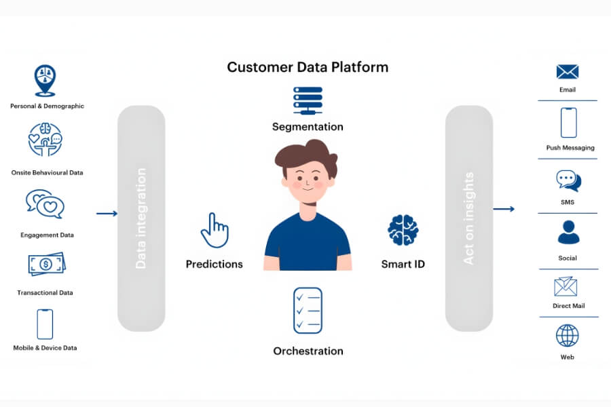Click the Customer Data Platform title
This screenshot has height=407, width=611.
click(308, 67)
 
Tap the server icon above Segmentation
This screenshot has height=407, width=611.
click(308, 100)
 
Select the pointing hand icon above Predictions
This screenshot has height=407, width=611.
click(215, 230)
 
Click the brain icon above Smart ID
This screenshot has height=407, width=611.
click(403, 230)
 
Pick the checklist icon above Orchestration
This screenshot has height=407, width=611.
click(308, 310)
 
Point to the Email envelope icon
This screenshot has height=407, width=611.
click(568, 72)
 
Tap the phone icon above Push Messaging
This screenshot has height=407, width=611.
click(568, 123)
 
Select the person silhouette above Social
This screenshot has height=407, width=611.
click(568, 232)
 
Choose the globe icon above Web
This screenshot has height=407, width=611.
click(568, 335)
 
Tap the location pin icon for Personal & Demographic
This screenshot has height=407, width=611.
click(45, 81)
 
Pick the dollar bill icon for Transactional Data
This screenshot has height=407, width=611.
click(46, 264)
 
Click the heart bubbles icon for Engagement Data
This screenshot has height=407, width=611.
click(45, 204)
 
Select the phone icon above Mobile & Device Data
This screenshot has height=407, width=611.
click(45, 324)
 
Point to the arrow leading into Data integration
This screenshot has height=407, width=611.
click(107, 214)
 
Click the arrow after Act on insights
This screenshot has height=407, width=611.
click(503, 209)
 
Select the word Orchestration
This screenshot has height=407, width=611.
click(308, 351)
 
